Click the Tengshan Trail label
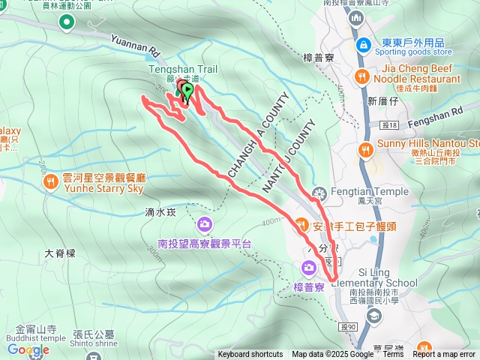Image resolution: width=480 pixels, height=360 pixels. [x=184, y=69]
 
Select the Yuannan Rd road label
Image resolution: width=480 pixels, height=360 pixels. [x=136, y=46]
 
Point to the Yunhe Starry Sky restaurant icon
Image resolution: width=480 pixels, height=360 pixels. [x=50, y=181]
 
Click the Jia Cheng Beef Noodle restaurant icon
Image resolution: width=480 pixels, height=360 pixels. [x=362, y=75]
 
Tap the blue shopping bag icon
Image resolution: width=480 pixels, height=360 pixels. [x=362, y=44]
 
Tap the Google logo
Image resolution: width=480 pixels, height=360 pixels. [x=28, y=350]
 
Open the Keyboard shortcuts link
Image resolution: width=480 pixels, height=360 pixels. [x=250, y=355]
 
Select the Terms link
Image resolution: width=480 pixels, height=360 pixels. [x=393, y=355]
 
